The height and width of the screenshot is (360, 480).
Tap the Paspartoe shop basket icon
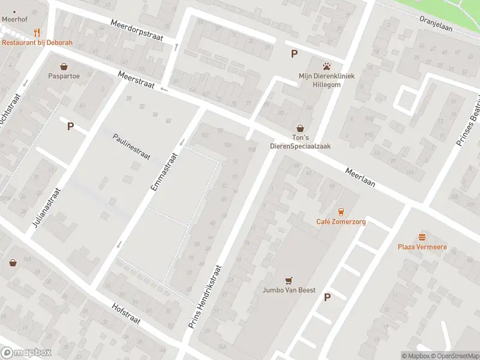(x=64, y=66)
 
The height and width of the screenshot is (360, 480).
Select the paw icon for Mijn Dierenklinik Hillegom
(x=327, y=66)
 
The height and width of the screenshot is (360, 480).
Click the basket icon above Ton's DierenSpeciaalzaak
(x=300, y=128)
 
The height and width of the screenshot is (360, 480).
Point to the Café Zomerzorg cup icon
(x=341, y=211)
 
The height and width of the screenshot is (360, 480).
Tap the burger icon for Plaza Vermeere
(x=422, y=236)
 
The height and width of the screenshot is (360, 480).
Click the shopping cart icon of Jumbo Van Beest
(x=289, y=280)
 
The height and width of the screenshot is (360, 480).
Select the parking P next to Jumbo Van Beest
(x=327, y=297)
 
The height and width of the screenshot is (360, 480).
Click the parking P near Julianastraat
(x=70, y=126)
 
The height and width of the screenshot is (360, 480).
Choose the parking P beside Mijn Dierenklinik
(x=294, y=54)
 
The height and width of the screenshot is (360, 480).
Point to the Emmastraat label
(x=164, y=172)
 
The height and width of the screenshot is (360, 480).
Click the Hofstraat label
(x=126, y=313)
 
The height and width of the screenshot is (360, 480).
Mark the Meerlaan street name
(x=360, y=177)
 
